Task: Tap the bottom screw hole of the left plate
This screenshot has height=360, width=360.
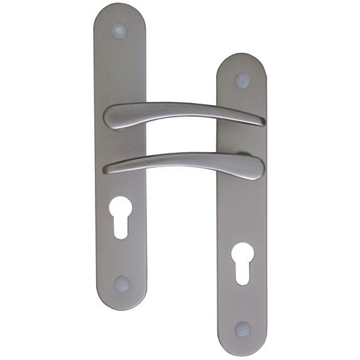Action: (122, 284)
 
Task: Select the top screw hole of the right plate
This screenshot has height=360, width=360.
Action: (243, 80)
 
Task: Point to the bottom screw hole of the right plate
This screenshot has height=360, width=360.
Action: (243, 329)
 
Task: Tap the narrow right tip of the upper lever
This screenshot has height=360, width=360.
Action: (260, 121)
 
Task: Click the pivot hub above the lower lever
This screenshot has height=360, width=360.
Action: (242, 153)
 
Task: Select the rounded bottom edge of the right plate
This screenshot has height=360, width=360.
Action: (243, 352)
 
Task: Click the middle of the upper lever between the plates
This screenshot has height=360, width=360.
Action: (182, 107)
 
